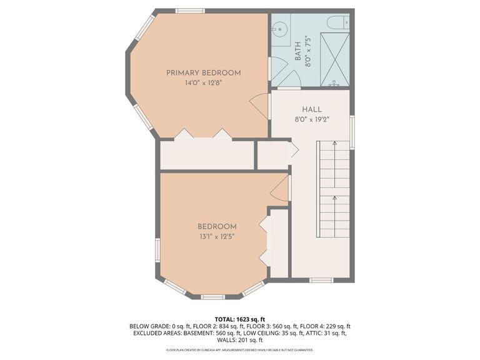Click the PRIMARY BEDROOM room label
click(x=203, y=73)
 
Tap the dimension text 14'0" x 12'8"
click(x=203, y=83)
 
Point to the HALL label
click(x=311, y=109)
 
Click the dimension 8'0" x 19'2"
click(x=311, y=119)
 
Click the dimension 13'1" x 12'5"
click(x=217, y=237)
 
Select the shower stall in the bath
click(x=335, y=59)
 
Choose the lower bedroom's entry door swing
click(x=279, y=188)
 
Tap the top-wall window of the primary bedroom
click(x=189, y=11)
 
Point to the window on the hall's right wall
click(x=352, y=132)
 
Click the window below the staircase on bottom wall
click(x=321, y=280)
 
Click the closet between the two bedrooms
click(x=207, y=155)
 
